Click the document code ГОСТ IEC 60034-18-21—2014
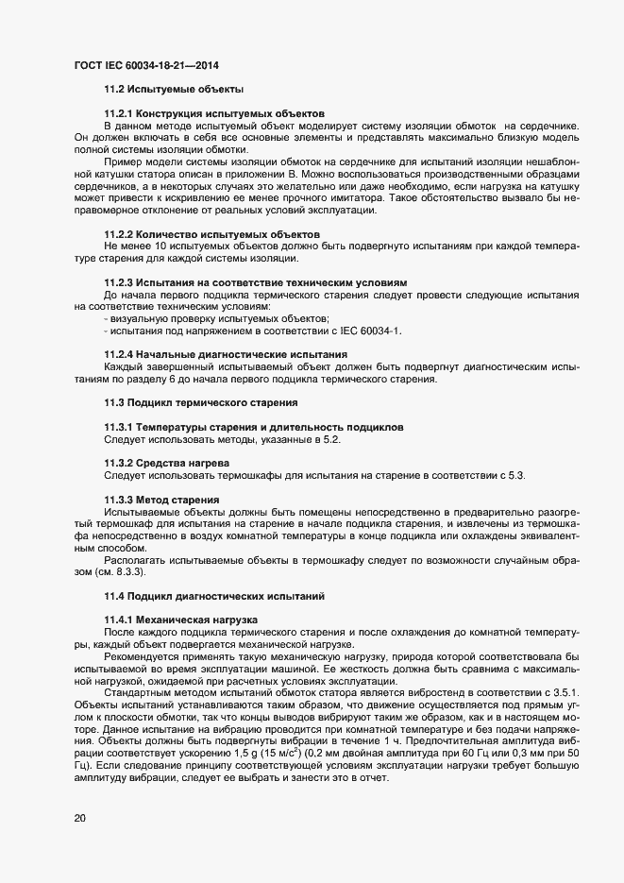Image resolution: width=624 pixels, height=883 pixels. click(148, 66)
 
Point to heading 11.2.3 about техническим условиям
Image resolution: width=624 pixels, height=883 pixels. click(255, 282)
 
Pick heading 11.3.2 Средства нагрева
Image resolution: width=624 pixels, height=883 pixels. click(165, 464)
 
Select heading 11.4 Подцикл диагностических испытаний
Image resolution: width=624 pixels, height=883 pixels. click(213, 596)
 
